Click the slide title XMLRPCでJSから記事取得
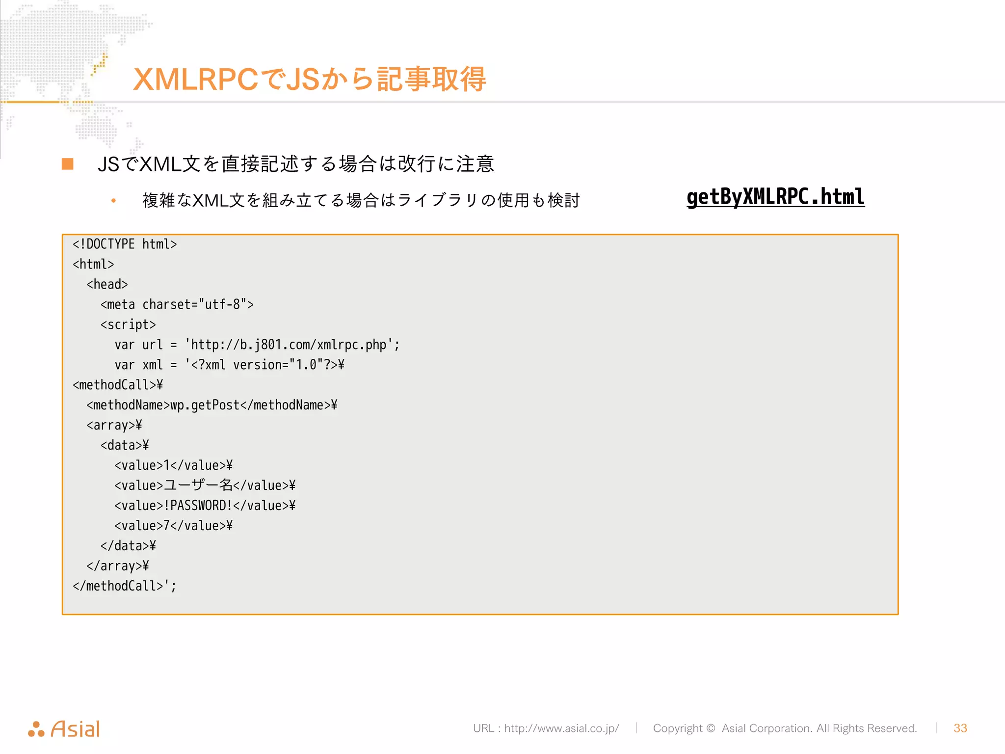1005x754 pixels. tap(309, 79)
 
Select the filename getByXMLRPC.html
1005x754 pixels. tap(775, 197)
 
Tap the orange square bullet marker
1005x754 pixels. tap(68, 164)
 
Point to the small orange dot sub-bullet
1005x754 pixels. tap(113, 200)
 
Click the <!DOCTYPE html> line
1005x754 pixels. tap(125, 244)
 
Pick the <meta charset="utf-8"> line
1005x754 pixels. tap(177, 304)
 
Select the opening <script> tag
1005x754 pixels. tap(128, 324)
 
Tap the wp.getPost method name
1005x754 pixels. tap(205, 405)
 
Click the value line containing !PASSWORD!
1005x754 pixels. tap(205, 506)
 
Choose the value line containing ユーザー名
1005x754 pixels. tap(205, 485)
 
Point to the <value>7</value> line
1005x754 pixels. tap(173, 526)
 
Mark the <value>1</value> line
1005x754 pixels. tap(173, 465)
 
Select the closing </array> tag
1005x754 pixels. tap(117, 566)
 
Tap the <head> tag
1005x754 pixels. tap(107, 284)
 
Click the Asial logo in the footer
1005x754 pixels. tap(64, 729)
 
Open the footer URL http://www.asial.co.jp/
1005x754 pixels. tap(561, 728)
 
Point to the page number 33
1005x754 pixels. tap(960, 728)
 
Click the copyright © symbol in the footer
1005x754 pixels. tap(711, 728)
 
